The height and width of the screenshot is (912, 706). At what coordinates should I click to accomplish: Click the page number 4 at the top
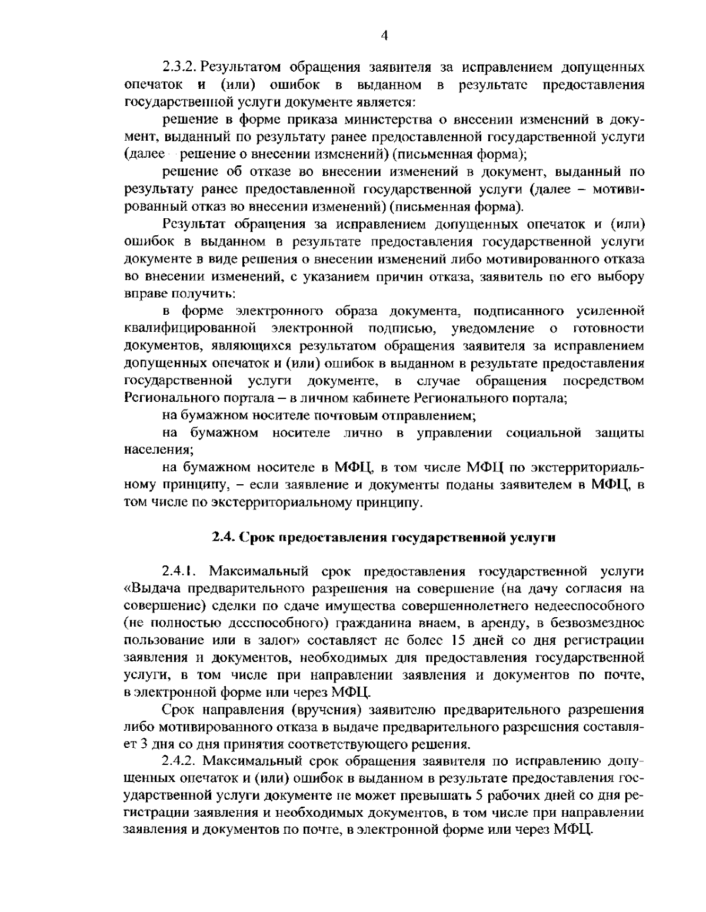[x=384, y=36]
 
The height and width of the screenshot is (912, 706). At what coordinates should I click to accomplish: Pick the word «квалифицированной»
[x=193, y=328]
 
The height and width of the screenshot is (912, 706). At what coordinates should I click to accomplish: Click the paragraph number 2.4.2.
[x=181, y=761]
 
